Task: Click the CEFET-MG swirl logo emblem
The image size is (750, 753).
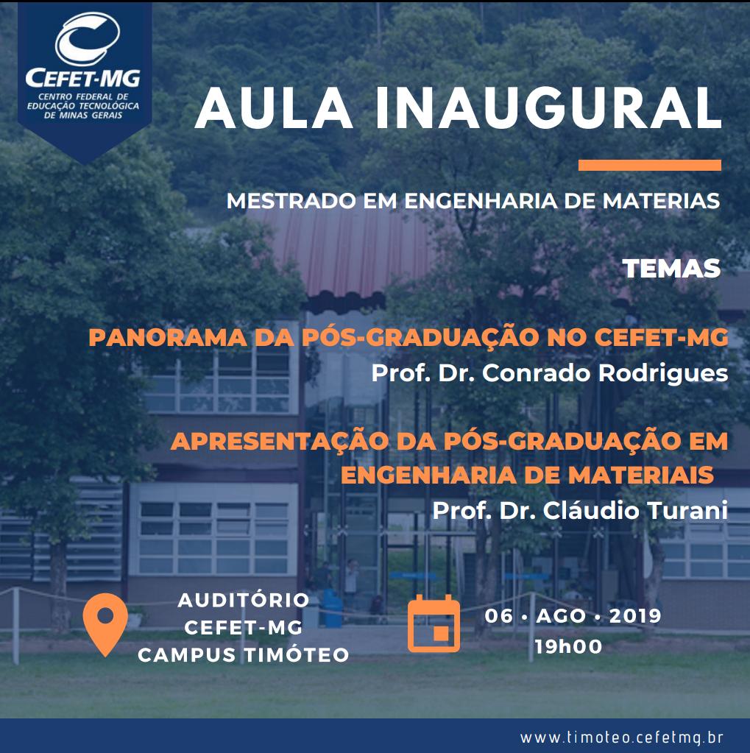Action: click(87, 39)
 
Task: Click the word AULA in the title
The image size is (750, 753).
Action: click(274, 108)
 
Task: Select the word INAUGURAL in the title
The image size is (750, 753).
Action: click(548, 108)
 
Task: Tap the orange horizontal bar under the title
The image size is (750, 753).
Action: click(650, 165)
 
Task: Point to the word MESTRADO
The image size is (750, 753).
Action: click(291, 201)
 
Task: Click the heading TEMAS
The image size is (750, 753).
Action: click(672, 269)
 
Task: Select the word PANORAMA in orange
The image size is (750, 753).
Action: click(168, 338)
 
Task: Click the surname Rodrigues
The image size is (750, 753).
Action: click(663, 374)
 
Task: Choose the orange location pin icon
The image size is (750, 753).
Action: click(105, 623)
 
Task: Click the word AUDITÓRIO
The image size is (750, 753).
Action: click(244, 601)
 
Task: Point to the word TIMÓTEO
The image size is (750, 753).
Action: click(297, 655)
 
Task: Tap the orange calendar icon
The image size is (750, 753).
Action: click(434, 623)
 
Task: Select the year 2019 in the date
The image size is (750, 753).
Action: click(635, 616)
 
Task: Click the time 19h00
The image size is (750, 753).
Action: click(568, 647)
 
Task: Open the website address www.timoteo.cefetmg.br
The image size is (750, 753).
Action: click(622, 737)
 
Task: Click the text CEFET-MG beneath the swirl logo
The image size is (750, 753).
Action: click(83, 78)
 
